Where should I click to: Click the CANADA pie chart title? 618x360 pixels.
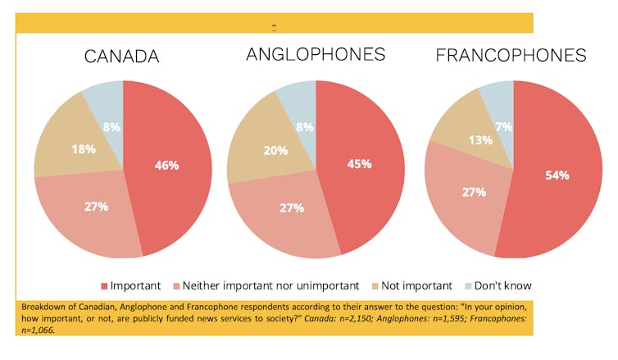pyautogui.click(x=122, y=57)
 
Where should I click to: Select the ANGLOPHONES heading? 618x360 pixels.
pyautogui.click(x=316, y=55)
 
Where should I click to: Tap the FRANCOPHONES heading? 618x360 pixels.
pyautogui.click(x=511, y=56)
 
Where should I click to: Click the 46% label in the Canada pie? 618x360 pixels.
pyautogui.click(x=167, y=165)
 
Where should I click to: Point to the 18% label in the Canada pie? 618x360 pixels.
pyautogui.click(x=84, y=149)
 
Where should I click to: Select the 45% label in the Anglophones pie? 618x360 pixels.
pyautogui.click(x=359, y=163)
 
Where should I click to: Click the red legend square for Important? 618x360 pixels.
pyautogui.click(x=104, y=286)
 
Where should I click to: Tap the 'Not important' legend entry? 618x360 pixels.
pyautogui.click(x=416, y=286)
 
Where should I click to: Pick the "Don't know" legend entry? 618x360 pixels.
pyautogui.click(x=502, y=286)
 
